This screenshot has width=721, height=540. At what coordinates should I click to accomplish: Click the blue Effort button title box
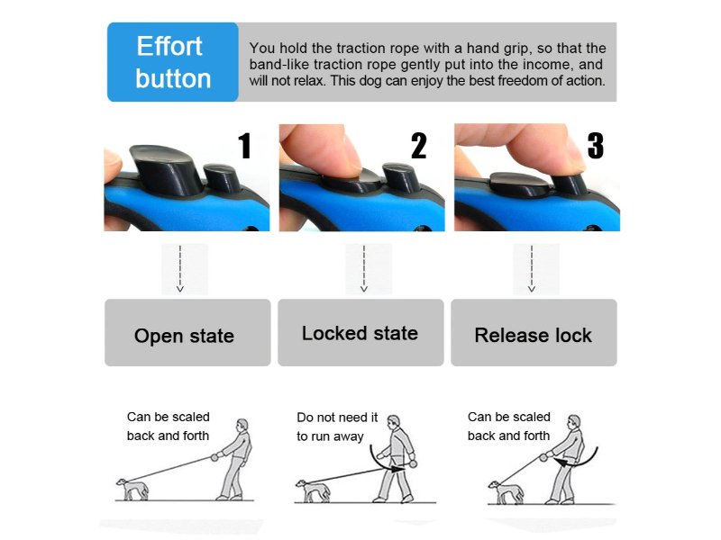[x=173, y=62]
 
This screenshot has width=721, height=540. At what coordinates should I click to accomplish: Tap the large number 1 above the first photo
[x=245, y=146]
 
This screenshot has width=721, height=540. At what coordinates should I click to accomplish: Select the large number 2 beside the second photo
[x=419, y=146]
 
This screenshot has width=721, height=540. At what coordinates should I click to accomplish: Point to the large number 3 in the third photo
[x=596, y=146]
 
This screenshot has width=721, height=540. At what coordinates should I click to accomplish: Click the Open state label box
[x=187, y=332]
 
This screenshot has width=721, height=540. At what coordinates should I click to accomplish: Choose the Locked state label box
[x=360, y=332]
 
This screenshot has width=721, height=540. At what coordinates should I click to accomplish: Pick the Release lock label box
[x=534, y=332]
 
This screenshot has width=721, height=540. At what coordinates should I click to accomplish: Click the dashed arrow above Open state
[x=180, y=268]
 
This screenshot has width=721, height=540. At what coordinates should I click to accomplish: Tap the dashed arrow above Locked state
[x=364, y=268]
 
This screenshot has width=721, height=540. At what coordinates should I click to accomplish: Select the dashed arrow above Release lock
[x=532, y=268]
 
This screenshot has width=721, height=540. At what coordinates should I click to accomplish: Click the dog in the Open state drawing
[x=132, y=489]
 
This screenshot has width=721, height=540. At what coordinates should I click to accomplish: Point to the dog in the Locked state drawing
[x=313, y=490]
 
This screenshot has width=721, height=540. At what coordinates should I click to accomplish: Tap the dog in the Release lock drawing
[x=506, y=492]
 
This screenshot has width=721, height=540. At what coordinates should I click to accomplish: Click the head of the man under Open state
[x=242, y=425]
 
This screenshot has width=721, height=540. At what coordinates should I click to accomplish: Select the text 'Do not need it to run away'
[x=337, y=427]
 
